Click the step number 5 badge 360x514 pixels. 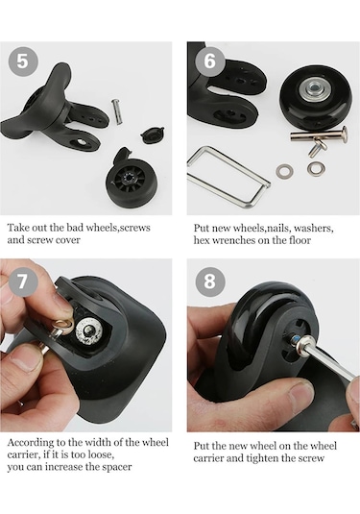pyautogui.click(x=23, y=61)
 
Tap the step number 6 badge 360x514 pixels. pyautogui.click(x=210, y=61)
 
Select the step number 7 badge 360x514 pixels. pyautogui.click(x=23, y=281)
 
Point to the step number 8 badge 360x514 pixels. pyautogui.click(x=210, y=281)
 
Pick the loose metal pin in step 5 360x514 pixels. pyautogui.click(x=118, y=111)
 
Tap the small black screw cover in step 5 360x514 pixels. pyautogui.click(x=153, y=134)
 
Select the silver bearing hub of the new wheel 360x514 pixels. pyautogui.click(x=314, y=88)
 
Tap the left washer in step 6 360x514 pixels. pyautogui.click(x=284, y=171)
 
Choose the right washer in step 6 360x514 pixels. pyautogui.click(x=317, y=168)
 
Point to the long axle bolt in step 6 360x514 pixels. pyautogui.click(x=319, y=135)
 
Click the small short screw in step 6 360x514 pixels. pyautogui.click(x=318, y=147)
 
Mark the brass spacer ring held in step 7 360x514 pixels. pyautogui.click(x=62, y=326)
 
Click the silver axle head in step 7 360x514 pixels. pyautogui.click(x=89, y=332)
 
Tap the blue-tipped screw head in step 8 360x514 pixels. pyautogui.click(x=297, y=339)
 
